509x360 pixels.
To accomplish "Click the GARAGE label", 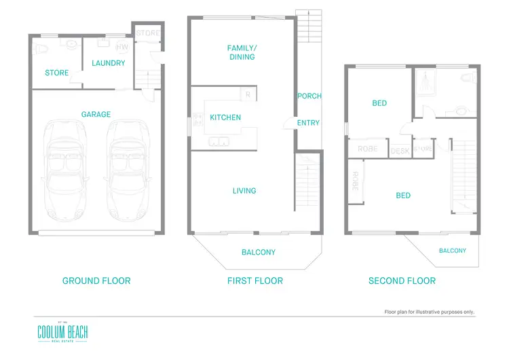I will coord(96,115).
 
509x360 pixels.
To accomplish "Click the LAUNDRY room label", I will coord(109,63).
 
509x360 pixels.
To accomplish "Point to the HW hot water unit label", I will coord(122,48).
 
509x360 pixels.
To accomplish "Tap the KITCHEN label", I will coord(225,118).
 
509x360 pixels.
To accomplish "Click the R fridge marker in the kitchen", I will coord(248,95).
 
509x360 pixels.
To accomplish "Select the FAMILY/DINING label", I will coord(242,52).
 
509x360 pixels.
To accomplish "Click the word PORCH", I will coord(309,96).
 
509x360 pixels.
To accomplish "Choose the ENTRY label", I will coord(308,123).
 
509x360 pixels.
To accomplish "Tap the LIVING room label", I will coord(244,191).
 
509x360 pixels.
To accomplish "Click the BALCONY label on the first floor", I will coord(259,253).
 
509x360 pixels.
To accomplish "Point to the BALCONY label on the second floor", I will coord(453,251).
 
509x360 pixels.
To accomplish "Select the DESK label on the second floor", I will coord(400,151).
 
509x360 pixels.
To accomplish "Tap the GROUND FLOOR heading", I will coord(96,281).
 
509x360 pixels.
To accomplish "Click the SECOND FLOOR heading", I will coord(402,281).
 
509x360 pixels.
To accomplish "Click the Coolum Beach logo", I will coord(62,332).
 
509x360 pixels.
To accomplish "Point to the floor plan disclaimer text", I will coord(430,312).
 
